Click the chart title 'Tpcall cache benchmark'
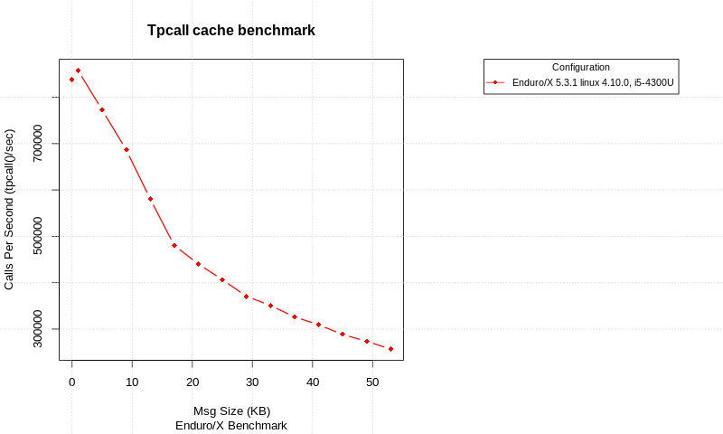pyautogui.click(x=230, y=31)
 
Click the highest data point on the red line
pyautogui.click(x=78, y=71)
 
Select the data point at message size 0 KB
pyautogui.click(x=72, y=80)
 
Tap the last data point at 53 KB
pyautogui.click(x=390, y=349)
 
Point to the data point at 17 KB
pyautogui.click(x=174, y=245)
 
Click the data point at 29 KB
pyautogui.click(x=246, y=297)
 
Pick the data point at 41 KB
pyautogui.click(x=318, y=324)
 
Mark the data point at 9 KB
pyautogui.click(x=127, y=149)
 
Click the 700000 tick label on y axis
pyautogui.click(x=37, y=143)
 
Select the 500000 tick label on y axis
pyautogui.click(x=37, y=236)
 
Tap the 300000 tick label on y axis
pyautogui.click(x=37, y=329)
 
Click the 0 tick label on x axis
pyautogui.click(x=72, y=382)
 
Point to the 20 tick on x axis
pyautogui.click(x=192, y=382)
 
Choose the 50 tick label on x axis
pyautogui.click(x=372, y=382)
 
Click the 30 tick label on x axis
pyautogui.click(x=252, y=382)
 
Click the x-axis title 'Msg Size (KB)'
pyautogui.click(x=231, y=410)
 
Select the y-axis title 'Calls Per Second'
pyautogui.click(x=9, y=209)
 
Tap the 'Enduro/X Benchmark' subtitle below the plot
pyautogui.click(x=231, y=425)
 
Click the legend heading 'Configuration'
pyautogui.click(x=580, y=67)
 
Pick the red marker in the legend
pyautogui.click(x=495, y=82)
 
